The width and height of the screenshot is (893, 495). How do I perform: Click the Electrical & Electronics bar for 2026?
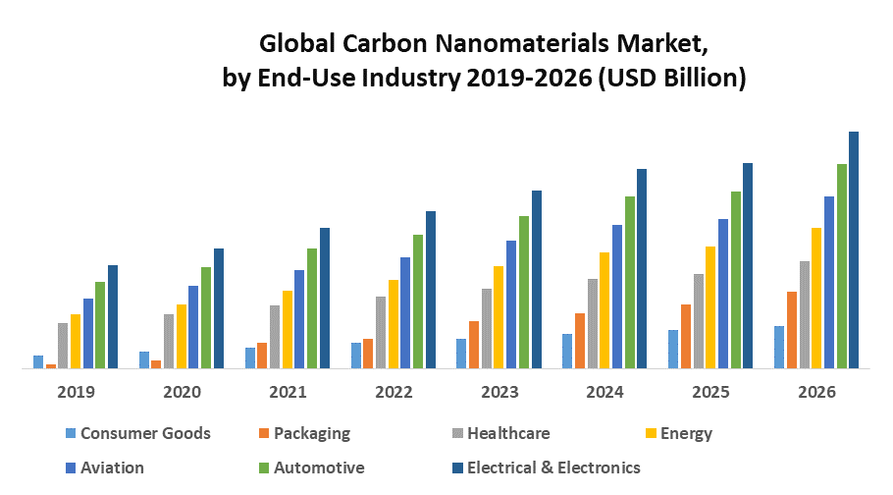[x=854, y=250]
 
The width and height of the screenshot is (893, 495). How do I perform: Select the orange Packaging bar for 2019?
[x=51, y=366]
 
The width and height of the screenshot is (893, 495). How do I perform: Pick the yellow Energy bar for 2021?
[x=288, y=330]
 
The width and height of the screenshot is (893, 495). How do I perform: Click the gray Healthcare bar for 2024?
[x=592, y=324]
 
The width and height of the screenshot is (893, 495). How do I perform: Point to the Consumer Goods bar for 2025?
[x=673, y=350]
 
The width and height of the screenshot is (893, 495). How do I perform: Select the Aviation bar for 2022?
[x=405, y=313]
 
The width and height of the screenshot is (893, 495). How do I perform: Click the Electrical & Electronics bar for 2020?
[x=219, y=308]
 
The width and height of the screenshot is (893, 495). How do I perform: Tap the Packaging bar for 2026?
[x=792, y=330]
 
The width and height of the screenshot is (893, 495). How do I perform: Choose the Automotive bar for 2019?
[x=100, y=325]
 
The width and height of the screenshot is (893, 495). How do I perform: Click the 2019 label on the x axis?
[x=76, y=392]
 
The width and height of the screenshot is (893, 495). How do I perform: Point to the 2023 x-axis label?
[x=499, y=392]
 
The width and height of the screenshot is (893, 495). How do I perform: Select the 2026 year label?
[x=817, y=392]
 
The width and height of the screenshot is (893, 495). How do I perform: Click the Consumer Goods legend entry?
[x=145, y=433]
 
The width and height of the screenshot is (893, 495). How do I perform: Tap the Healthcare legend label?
[x=508, y=433]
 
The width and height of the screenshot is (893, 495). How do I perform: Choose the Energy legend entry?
[x=686, y=433]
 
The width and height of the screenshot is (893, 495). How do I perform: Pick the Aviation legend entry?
[x=112, y=467]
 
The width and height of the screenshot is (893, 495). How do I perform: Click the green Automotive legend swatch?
[x=262, y=468]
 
